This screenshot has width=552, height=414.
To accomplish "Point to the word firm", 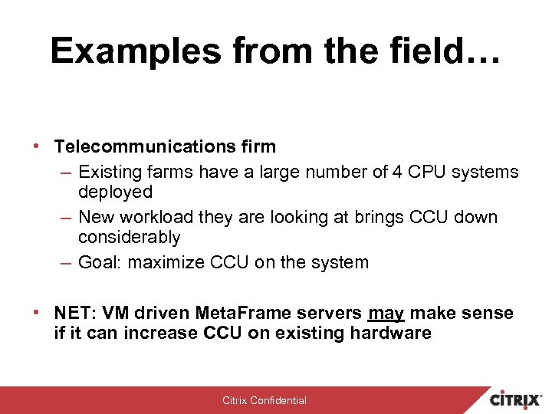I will coord(258,146).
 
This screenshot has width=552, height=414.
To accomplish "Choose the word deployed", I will coord(115,192).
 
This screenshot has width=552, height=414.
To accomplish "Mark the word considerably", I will coord(129,238).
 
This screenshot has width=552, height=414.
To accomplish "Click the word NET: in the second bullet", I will coord(73,314).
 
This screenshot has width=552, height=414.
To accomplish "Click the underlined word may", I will coord(386,314).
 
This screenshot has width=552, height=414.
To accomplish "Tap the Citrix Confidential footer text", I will coord(264,400).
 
